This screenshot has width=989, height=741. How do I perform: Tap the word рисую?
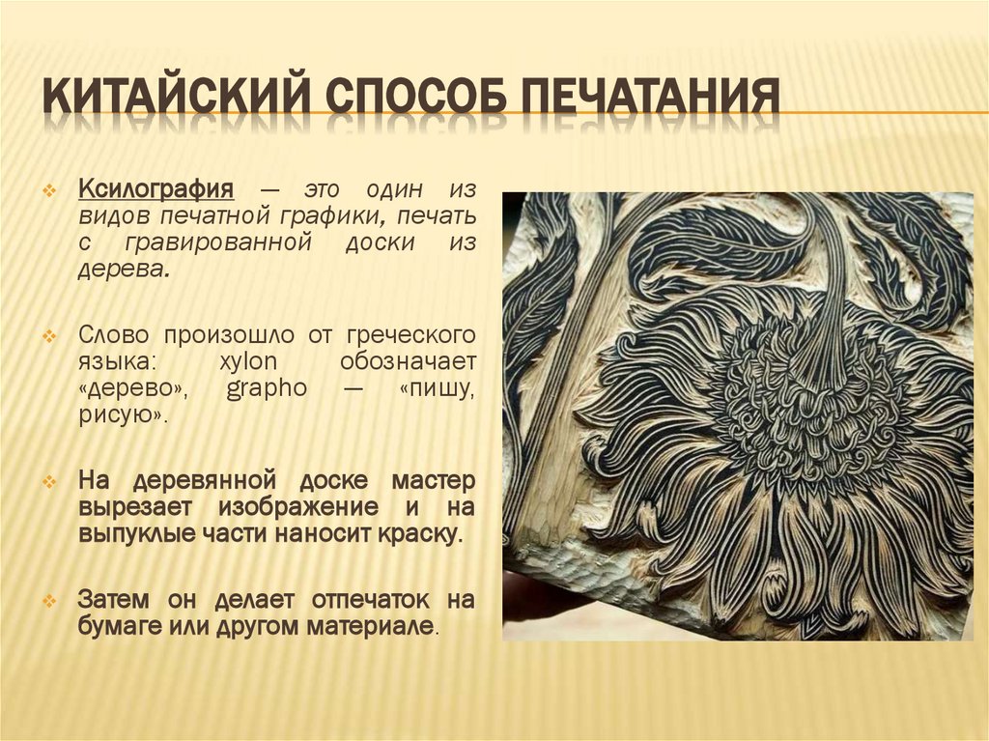click(122, 414)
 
